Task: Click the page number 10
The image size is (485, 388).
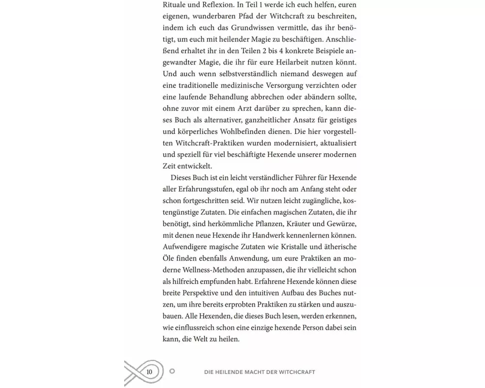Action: click(149, 372)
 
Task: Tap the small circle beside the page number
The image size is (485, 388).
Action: click(172, 372)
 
